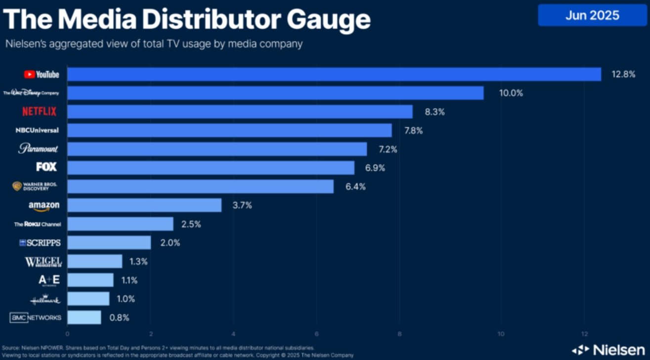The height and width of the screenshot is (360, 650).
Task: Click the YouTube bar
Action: click(334, 74)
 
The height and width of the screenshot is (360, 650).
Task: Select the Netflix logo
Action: click(40, 112)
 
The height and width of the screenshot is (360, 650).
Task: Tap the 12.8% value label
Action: click(623, 75)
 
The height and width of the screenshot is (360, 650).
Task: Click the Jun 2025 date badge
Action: click(592, 15)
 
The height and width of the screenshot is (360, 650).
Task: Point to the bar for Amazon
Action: click(144, 205)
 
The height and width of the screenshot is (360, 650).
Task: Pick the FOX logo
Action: click(46, 167)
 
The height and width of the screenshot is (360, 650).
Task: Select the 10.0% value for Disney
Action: click(511, 93)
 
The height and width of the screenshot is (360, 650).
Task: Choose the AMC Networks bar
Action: click(84, 317)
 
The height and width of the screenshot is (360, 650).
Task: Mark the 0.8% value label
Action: click(119, 317)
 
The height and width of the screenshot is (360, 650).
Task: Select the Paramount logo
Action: click(39, 149)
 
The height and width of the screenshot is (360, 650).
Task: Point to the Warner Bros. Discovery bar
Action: click(200, 186)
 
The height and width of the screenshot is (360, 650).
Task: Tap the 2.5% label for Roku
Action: click(191, 224)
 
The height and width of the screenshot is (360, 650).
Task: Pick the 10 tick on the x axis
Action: click(501, 333)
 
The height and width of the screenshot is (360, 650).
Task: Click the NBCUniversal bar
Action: click(229, 131)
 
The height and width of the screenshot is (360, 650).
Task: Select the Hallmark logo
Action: click(45, 299)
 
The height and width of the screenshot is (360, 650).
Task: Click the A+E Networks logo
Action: click(49, 280)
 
